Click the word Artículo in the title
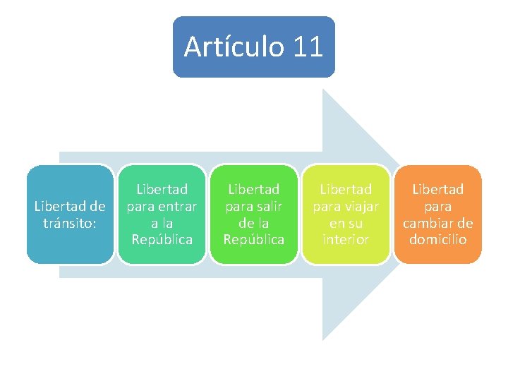pos(233,47)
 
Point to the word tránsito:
pos(70,222)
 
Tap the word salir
pos(267,206)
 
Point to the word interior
pos(346,239)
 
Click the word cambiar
pos(429,223)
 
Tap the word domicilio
pos(437,239)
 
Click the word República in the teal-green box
pos(162,239)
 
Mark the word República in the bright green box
pos(253,239)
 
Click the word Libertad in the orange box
pos(437,189)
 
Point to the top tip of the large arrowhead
pos(324,90)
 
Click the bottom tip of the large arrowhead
pos(324,339)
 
